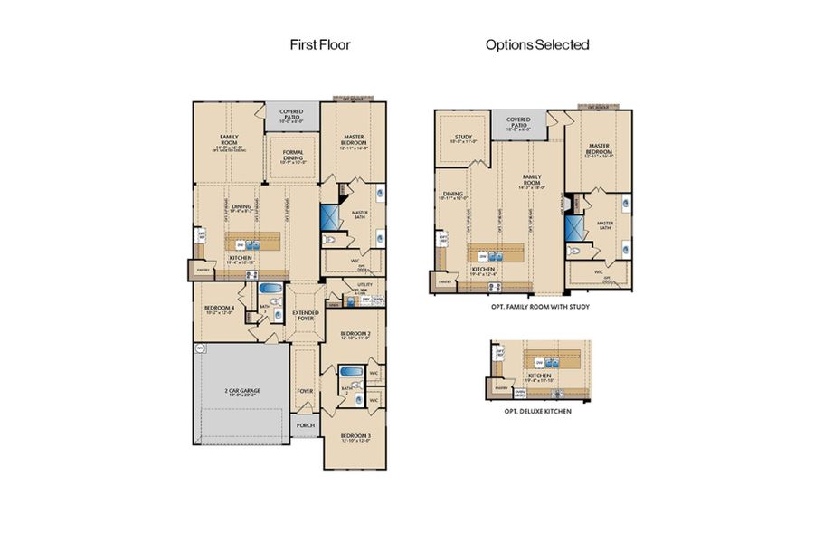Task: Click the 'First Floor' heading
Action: point(319,43)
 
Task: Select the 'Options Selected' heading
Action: point(537,43)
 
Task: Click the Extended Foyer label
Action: point(305,315)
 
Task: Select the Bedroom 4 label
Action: point(220,309)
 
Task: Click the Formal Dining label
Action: point(292,154)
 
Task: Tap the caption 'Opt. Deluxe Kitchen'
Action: point(537,411)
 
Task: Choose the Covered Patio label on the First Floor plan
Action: point(292,114)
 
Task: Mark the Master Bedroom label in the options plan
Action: point(598,148)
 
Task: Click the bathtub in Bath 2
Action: point(349,372)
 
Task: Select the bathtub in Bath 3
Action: point(270,290)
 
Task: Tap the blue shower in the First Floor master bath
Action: point(327,217)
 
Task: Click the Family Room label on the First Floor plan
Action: point(228,141)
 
